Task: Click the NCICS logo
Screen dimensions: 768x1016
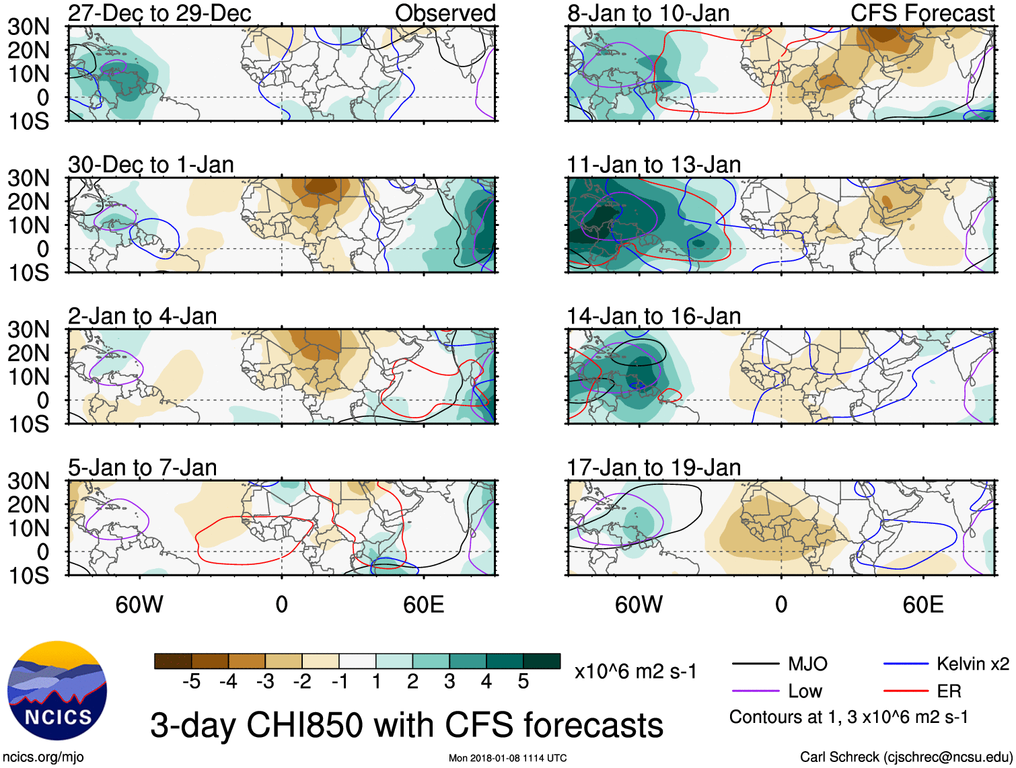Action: (57, 691)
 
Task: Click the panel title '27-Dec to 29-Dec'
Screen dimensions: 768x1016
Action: (159, 13)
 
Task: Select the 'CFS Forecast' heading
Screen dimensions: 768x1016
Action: (922, 13)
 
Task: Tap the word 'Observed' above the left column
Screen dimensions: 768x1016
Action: (445, 13)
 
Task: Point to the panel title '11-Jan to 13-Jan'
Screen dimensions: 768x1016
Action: (653, 165)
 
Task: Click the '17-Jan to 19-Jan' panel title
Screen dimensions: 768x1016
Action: (653, 467)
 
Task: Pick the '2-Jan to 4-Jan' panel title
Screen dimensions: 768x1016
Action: (143, 316)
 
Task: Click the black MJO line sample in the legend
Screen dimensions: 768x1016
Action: (755, 664)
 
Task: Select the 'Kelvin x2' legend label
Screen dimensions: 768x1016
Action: (972, 664)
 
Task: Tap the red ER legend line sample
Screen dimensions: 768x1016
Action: (906, 691)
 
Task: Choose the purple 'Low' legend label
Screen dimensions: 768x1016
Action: (805, 691)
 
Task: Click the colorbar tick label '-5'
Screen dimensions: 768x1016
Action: (191, 682)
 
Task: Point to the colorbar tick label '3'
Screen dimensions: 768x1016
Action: (449, 682)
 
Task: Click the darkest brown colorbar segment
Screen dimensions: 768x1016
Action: (173, 661)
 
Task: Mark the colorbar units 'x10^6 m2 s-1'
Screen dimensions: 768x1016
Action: (635, 671)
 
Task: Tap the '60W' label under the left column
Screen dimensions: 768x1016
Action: (139, 605)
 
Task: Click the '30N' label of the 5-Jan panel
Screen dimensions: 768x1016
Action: (29, 481)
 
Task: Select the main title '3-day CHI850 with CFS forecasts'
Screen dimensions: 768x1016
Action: (406, 725)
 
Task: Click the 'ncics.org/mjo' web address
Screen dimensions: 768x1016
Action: (43, 757)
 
